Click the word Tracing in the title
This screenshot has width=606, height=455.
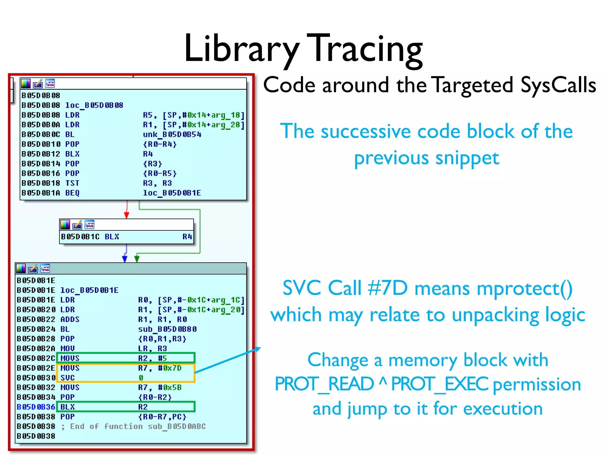(x=365, y=49)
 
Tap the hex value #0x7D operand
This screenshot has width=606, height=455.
(x=170, y=368)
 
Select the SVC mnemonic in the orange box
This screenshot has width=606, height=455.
(x=67, y=378)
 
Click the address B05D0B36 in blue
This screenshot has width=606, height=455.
(x=36, y=407)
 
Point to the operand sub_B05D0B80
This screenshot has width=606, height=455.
(x=167, y=329)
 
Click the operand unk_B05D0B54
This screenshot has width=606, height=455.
(x=172, y=134)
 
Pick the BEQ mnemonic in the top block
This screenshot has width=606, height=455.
(x=72, y=193)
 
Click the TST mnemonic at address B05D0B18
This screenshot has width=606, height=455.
(x=72, y=183)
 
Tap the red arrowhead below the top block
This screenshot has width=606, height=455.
(x=127, y=215)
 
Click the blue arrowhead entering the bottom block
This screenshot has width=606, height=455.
(x=125, y=259)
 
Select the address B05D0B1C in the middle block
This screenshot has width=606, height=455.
(x=80, y=237)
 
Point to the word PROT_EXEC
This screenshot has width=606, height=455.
(x=440, y=384)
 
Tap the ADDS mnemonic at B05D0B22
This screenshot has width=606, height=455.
(x=70, y=319)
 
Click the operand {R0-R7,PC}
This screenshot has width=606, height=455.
(x=162, y=416)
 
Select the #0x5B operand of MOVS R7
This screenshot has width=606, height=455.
(x=170, y=387)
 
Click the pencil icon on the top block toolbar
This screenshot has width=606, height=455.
(x=38, y=84)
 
